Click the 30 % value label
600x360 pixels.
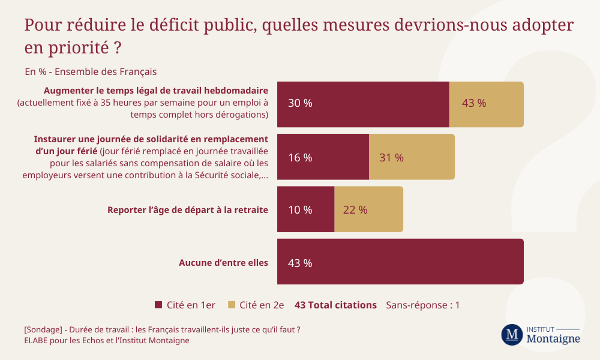point(300,103)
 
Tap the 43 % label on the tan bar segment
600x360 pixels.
point(474,103)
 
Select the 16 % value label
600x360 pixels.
point(300,158)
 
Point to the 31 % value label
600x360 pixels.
point(391,158)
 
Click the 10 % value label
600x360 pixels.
point(300,210)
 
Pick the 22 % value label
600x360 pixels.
point(355,210)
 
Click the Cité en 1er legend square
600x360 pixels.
point(158,305)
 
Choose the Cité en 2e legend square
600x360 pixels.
point(232,305)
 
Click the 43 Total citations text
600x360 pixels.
point(335,305)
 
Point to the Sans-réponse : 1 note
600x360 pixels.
point(422,305)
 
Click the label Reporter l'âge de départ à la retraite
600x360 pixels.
point(187,210)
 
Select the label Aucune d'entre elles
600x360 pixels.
point(223,262)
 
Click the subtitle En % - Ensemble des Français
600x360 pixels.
point(91,71)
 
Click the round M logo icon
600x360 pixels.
point(512,335)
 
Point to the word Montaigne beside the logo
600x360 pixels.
point(553,339)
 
